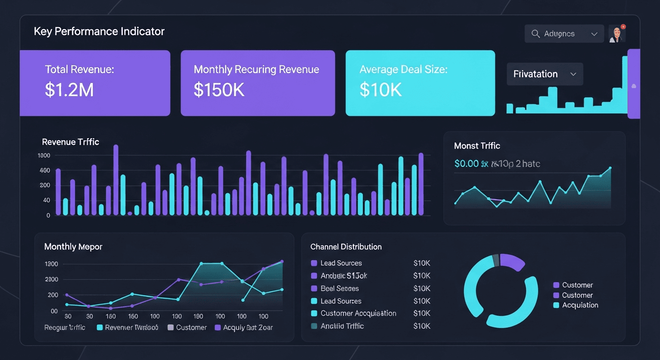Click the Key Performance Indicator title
click(x=99, y=32)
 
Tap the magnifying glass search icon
click(x=535, y=34)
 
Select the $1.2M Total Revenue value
click(x=69, y=89)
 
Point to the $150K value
click(x=219, y=89)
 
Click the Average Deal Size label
click(x=403, y=69)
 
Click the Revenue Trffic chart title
click(x=70, y=142)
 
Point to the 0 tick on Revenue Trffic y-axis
click(x=48, y=216)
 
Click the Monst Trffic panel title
click(x=477, y=146)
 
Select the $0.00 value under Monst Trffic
click(x=466, y=164)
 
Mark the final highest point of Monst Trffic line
click(x=610, y=168)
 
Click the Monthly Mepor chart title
click(x=73, y=247)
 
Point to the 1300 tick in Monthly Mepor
click(x=51, y=264)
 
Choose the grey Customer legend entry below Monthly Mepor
click(x=187, y=327)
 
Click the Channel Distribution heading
click(x=345, y=247)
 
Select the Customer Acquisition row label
click(x=358, y=313)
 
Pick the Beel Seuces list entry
click(x=339, y=288)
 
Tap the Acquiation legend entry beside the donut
click(x=580, y=305)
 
